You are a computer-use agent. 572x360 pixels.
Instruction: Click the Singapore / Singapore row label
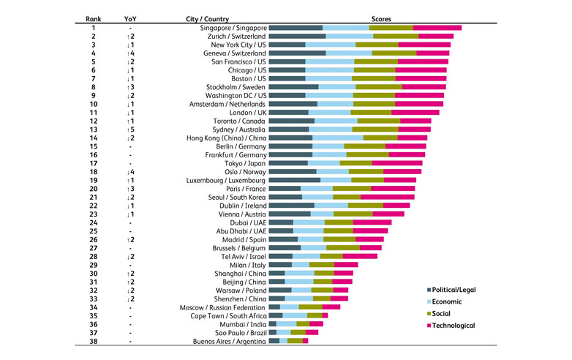coord(232,27)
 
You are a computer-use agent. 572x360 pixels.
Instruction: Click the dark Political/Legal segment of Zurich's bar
coord(297,36)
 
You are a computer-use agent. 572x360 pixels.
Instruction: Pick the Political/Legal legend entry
coord(456,290)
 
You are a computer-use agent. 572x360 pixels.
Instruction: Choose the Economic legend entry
coord(448,301)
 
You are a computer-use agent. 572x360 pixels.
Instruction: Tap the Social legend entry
coord(443,313)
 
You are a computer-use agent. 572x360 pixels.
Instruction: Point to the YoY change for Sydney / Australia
coord(129,129)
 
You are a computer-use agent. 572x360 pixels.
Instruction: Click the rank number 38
coord(94,340)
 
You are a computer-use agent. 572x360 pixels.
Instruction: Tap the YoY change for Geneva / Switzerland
coord(129,53)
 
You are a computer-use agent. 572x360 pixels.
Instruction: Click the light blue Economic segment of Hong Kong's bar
coord(337,138)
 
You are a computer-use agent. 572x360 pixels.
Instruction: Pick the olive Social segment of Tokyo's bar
coord(355,163)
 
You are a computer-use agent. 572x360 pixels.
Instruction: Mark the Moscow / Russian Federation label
coord(223,307)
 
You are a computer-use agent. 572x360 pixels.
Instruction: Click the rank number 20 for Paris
coord(94,188)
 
